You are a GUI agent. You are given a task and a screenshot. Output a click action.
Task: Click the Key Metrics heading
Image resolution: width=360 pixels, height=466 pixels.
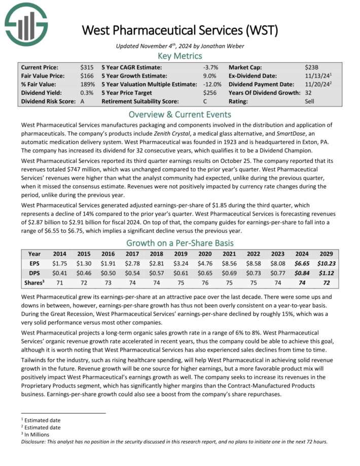pyautogui.click(x=180, y=55)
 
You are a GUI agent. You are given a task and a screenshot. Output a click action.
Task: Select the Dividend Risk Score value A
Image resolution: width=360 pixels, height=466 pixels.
pyautogui.click(x=83, y=101)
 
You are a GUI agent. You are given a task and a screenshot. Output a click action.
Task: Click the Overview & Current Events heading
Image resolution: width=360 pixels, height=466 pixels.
pyautogui.click(x=180, y=114)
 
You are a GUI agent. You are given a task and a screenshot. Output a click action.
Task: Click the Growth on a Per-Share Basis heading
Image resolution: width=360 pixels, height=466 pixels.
pyautogui.click(x=180, y=242)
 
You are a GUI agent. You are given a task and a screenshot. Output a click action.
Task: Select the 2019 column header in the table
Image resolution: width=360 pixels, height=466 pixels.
pyautogui.click(x=181, y=254)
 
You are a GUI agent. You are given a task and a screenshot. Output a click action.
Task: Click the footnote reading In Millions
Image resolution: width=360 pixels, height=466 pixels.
pyautogui.click(x=39, y=434)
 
